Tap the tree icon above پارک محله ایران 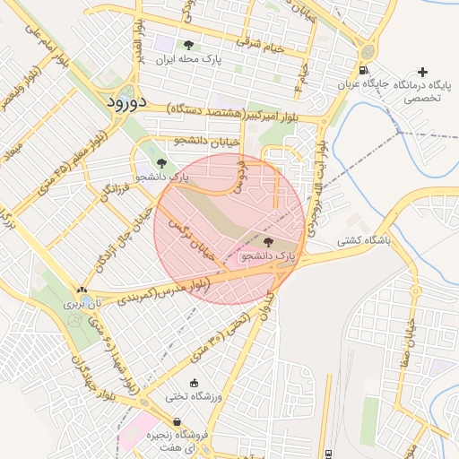188,45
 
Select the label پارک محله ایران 188,60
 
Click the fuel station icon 362,71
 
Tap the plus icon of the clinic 423,71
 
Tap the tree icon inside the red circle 268,242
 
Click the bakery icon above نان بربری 82,290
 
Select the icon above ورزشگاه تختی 195,383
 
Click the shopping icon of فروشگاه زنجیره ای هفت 177,421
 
